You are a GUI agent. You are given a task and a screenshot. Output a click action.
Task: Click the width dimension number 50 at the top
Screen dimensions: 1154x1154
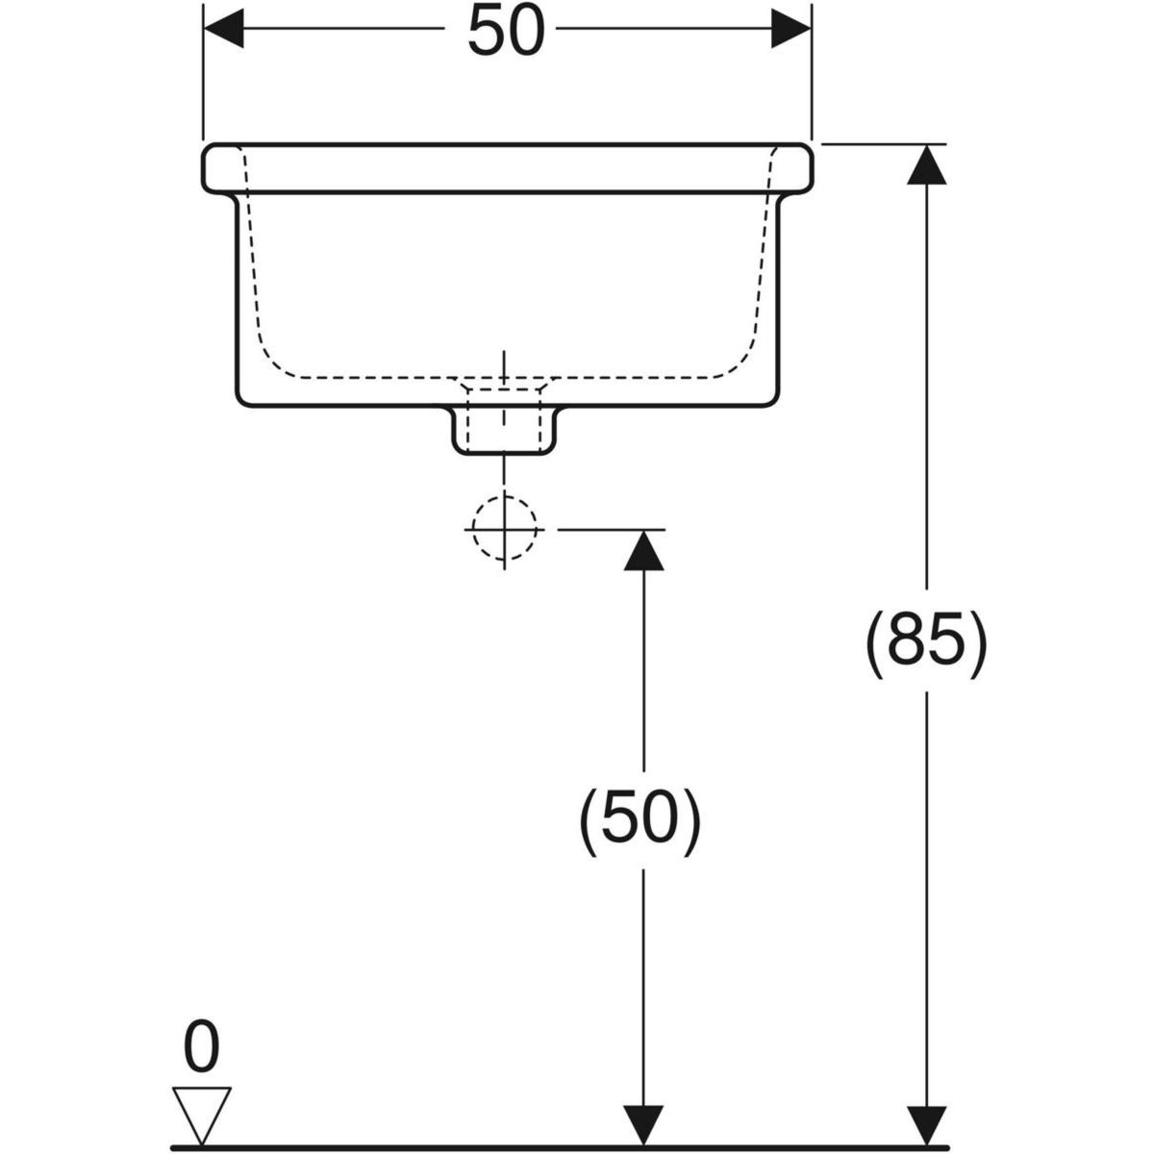(x=507, y=34)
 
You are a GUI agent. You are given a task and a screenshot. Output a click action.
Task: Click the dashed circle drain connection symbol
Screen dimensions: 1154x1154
(x=504, y=529)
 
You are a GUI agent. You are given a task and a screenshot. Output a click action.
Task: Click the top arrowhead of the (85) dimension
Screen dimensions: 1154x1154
(x=926, y=164)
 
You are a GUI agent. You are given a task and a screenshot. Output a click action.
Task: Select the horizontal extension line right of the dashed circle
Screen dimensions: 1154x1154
(x=611, y=529)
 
